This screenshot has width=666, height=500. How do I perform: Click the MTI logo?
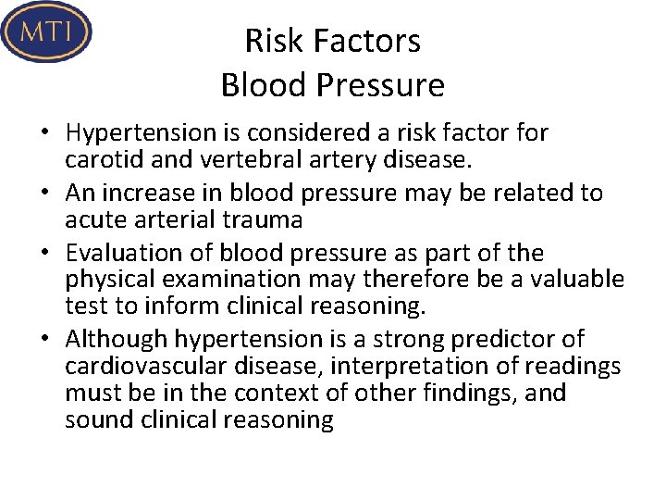tap(46, 31)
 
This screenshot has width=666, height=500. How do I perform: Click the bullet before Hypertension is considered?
tap(44, 133)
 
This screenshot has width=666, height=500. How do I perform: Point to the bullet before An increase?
tap(44, 194)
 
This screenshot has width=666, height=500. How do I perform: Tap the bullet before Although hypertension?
tap(44, 340)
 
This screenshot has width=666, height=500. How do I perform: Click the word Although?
tap(117, 339)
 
